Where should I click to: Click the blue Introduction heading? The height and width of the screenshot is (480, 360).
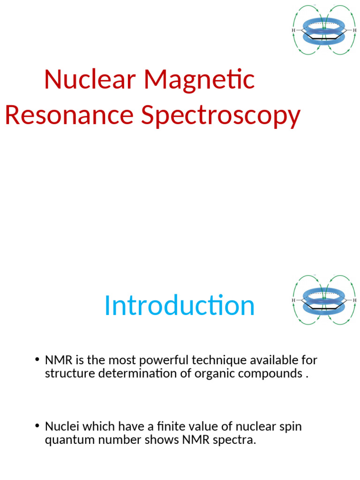coord(180,306)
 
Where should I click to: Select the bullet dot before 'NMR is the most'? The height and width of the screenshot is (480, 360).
coord(37,360)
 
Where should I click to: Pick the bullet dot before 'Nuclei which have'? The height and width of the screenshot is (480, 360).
coord(37,427)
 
